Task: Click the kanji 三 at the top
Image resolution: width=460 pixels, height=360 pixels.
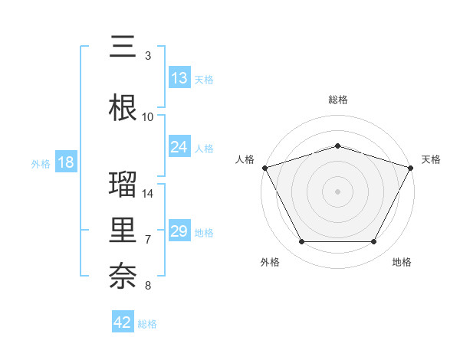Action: (x=123, y=47)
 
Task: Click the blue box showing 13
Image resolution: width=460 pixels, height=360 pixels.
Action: (x=179, y=78)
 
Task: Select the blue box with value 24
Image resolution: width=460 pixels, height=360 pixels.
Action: (x=179, y=147)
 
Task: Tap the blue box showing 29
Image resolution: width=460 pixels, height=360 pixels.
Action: (x=179, y=231)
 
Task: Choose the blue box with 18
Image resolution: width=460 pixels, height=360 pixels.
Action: (x=65, y=162)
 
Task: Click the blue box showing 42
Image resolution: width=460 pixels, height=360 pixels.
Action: (x=123, y=322)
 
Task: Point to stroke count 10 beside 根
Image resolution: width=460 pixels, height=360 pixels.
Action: (x=148, y=117)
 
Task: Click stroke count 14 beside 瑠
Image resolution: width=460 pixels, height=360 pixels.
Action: (x=148, y=194)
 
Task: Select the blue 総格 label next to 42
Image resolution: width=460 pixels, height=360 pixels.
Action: (x=147, y=323)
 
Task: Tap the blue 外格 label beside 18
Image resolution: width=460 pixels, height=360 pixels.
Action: (x=40, y=163)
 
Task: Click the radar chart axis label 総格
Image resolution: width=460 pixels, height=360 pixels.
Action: (x=337, y=100)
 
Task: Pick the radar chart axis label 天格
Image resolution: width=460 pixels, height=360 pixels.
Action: (x=431, y=159)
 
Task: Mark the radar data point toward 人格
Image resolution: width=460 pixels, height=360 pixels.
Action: (x=264, y=167)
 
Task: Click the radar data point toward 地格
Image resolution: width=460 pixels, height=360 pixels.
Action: (x=373, y=242)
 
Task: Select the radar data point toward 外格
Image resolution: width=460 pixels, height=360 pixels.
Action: (x=301, y=242)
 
